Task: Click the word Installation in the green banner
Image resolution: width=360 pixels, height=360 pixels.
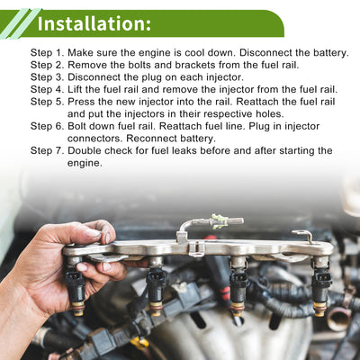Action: tap(94, 24)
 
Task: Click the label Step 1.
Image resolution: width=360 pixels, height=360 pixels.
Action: tap(48, 53)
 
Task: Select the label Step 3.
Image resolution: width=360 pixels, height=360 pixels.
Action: tap(48, 77)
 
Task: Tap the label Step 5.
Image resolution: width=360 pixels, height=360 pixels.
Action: tap(48, 102)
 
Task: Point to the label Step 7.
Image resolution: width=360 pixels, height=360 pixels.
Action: tap(48, 150)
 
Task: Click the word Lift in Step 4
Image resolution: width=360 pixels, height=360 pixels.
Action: tap(76, 89)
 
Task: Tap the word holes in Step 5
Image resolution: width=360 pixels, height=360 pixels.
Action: tap(269, 114)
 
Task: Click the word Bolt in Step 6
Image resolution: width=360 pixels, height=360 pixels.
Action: tap(76, 126)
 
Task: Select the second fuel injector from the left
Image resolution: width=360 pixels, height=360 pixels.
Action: tap(156, 285)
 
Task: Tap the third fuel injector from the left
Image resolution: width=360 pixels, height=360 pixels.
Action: tap(238, 285)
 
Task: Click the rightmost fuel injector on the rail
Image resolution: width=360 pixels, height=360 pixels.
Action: tap(321, 285)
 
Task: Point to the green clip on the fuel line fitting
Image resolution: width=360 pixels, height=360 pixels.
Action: tap(217, 221)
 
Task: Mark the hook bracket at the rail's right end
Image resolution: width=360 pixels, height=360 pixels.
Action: tap(303, 236)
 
